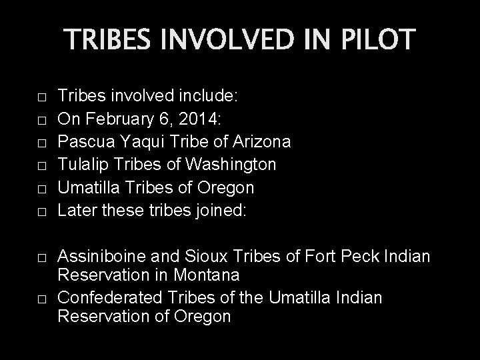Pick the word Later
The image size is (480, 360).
coord(75,211)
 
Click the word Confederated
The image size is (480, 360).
coord(109,297)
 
